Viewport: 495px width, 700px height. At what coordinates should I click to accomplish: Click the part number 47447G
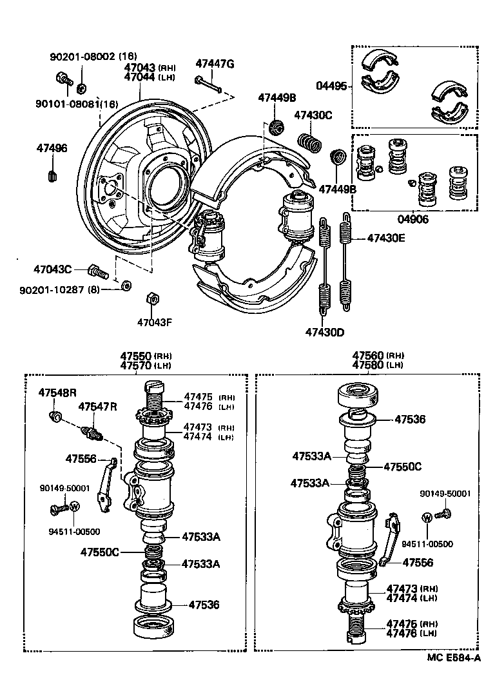pos(215,63)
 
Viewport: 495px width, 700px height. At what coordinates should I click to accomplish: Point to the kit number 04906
pos(413,219)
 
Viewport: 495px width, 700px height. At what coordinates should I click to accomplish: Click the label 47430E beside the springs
pos(386,238)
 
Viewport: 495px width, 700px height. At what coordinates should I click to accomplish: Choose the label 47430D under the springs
pos(325,333)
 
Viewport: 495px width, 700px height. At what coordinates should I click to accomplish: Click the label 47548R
pos(57,393)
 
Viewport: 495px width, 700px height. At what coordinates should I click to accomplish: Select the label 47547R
pos(98,407)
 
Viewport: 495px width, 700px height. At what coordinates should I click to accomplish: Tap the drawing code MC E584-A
pos(454,658)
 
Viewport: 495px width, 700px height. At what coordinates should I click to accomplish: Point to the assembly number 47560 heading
pos(368,356)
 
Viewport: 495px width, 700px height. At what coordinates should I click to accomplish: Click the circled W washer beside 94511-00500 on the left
pos(73,506)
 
